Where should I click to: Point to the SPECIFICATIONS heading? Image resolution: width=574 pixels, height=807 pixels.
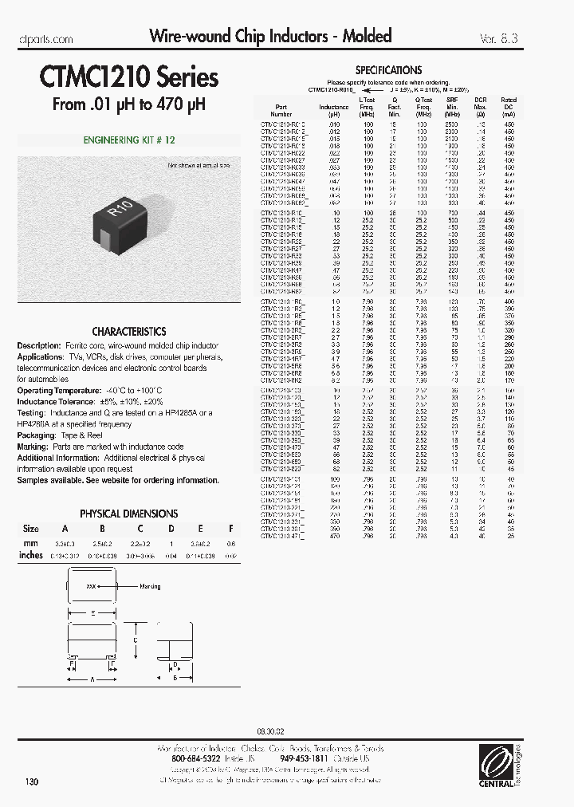tap(388, 70)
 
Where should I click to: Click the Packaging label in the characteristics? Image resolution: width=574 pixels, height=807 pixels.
tap(36, 436)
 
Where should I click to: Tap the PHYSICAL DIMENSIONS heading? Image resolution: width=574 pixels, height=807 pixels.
tap(129, 514)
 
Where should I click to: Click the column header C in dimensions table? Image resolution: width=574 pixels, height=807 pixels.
tap(140, 529)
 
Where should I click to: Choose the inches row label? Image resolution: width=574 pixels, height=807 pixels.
tap(31, 555)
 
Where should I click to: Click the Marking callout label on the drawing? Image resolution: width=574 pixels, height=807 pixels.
tap(150, 587)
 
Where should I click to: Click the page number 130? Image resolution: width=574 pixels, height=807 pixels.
tap(32, 782)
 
